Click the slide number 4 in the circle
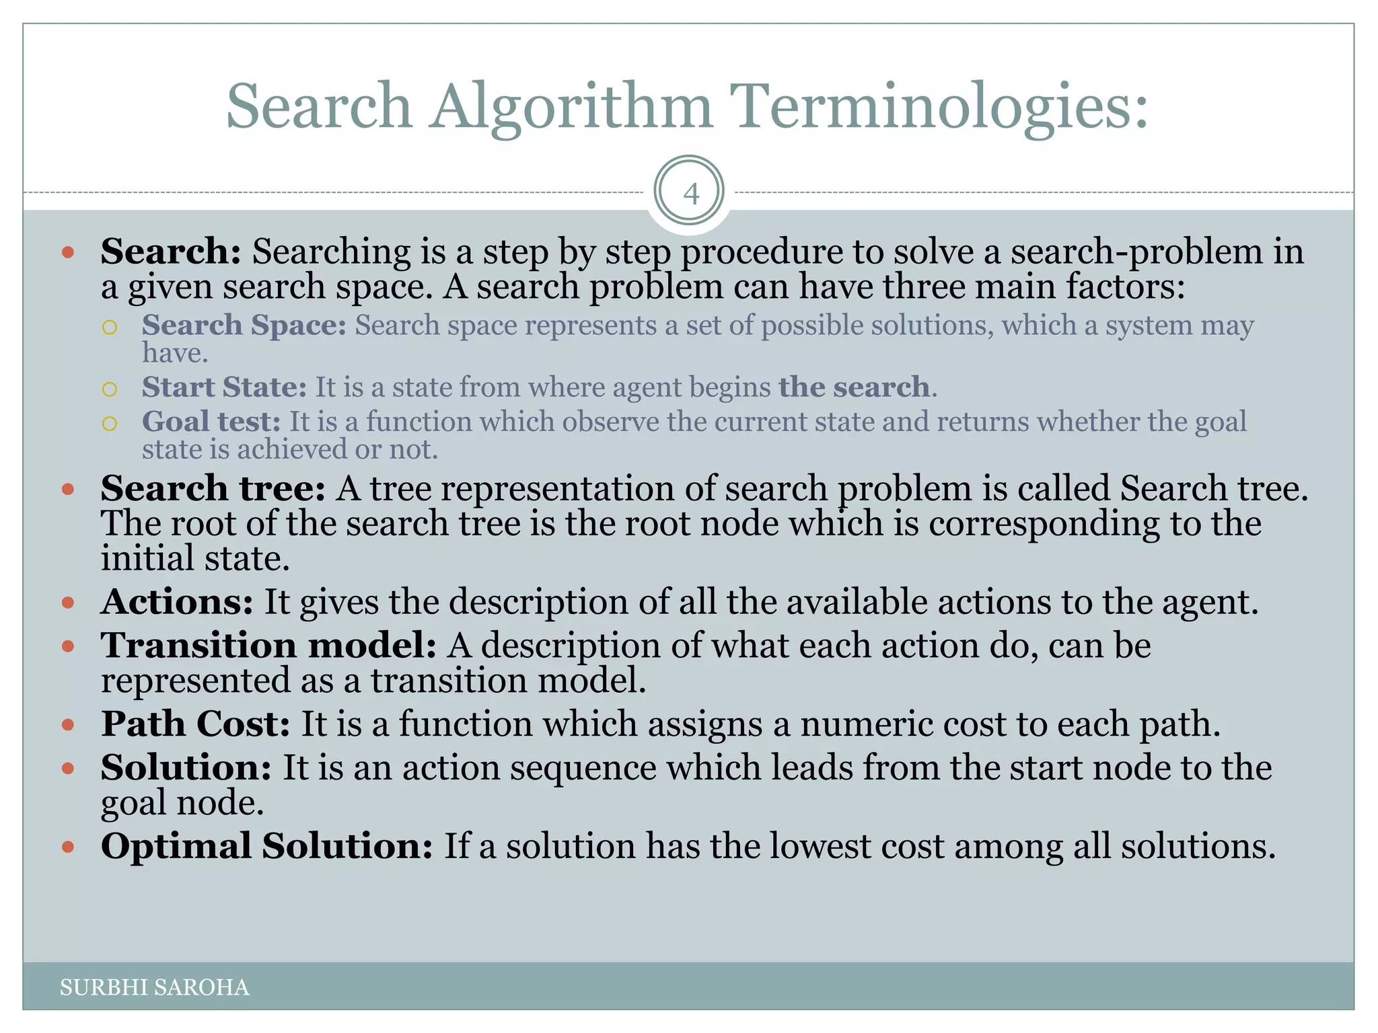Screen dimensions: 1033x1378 (x=690, y=194)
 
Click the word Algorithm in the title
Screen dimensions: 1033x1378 (x=571, y=107)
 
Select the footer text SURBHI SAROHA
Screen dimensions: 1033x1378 (x=155, y=987)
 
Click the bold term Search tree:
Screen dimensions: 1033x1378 (x=213, y=488)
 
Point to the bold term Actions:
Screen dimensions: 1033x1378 (x=177, y=601)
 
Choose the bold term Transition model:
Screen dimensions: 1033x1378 (x=268, y=645)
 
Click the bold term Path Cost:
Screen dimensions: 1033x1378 (x=195, y=724)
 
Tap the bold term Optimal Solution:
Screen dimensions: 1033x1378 (x=266, y=846)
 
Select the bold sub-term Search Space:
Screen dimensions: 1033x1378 (x=244, y=325)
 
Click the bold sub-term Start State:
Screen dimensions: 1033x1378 (x=224, y=387)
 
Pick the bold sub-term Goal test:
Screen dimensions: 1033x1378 (x=211, y=422)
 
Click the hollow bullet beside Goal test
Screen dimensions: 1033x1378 (x=110, y=423)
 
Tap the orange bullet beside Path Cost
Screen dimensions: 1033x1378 (x=67, y=725)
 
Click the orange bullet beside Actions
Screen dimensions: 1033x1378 (x=67, y=603)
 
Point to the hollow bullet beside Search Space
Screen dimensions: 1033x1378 (x=110, y=327)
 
